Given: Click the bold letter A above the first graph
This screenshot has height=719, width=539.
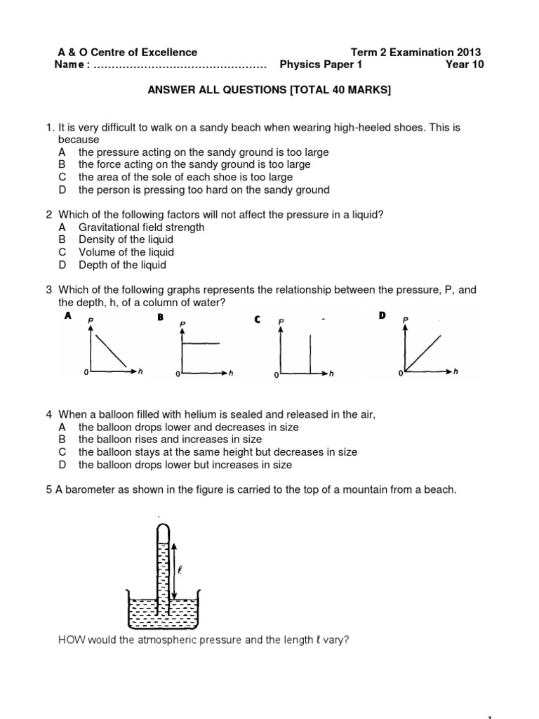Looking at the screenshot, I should [68, 316].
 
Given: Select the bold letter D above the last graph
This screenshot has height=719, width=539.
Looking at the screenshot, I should [382, 316].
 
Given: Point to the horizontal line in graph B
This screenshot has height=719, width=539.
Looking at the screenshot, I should [204, 343].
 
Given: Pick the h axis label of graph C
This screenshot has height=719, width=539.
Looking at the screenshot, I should [332, 374].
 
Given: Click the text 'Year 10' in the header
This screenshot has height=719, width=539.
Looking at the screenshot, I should [465, 65].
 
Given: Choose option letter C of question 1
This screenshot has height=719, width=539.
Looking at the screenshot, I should [62, 177].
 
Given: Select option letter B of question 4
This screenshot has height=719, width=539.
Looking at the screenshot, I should [62, 440].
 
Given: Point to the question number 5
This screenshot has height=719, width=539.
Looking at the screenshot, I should [49, 490].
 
